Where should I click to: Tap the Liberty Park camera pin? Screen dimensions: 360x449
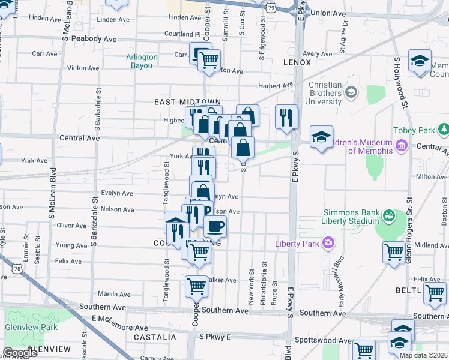point(328,243)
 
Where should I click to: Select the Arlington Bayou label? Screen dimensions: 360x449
point(142,61)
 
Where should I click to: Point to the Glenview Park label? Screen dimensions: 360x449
point(31,327)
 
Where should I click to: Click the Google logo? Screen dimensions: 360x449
point(20,353)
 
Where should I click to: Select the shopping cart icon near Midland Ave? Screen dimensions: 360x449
point(394,251)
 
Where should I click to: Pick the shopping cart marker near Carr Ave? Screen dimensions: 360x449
point(209,61)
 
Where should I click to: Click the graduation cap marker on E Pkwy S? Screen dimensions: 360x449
point(322,137)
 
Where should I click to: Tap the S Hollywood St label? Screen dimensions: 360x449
point(398,84)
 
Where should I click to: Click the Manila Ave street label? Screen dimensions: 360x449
point(114,294)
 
